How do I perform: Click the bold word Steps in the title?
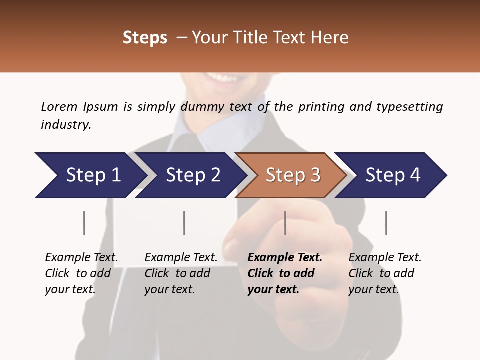point(145,37)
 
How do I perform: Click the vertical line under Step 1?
point(84,223)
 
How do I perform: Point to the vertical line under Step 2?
point(184,223)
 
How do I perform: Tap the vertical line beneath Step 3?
point(285,223)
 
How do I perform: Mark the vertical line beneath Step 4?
point(386,223)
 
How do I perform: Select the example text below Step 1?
point(81,273)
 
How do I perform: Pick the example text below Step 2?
point(181,273)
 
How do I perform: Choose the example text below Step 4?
point(385,273)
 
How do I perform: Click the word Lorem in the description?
point(59,106)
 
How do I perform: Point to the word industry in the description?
point(65,125)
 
